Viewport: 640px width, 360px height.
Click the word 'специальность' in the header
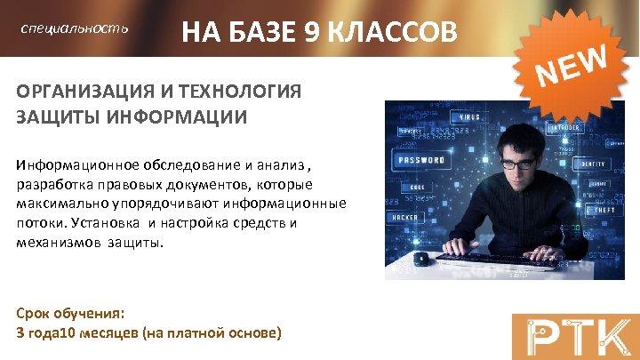click(75, 29)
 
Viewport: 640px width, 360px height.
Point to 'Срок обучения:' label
click(70, 314)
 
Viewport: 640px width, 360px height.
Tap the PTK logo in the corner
click(574, 335)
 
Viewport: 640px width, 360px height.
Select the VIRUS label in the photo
click(468, 117)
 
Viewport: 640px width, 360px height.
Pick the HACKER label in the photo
click(405, 217)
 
